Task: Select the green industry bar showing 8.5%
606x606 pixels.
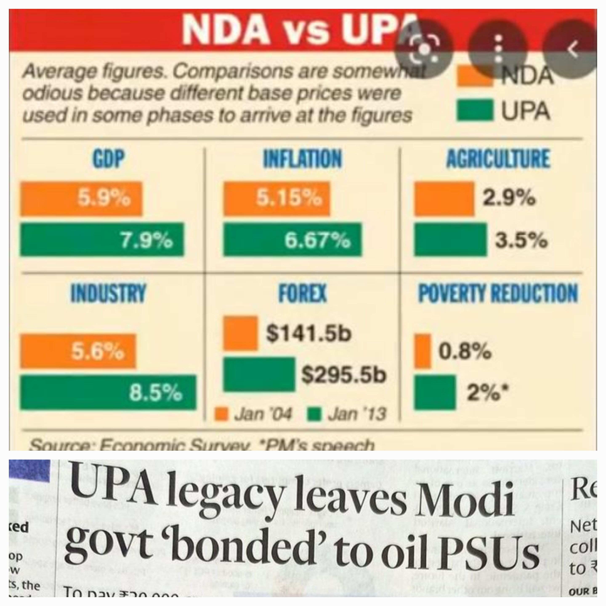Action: coord(108,392)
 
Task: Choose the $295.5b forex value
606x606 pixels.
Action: coord(343,375)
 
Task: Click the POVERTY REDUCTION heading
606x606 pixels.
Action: coord(498,293)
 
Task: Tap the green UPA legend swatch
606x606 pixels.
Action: coord(474,110)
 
